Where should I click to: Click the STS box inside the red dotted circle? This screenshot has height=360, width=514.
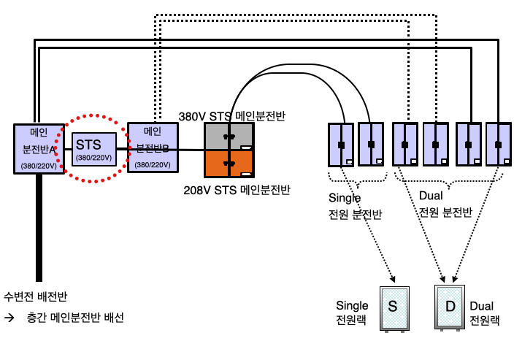pyautogui.click(x=94, y=149)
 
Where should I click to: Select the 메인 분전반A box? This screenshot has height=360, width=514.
pyautogui.click(x=38, y=149)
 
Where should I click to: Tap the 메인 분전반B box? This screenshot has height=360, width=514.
pyautogui.click(x=153, y=148)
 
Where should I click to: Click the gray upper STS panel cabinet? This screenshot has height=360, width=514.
pyautogui.click(x=228, y=137)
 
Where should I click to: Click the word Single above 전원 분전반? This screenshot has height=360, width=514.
pyautogui.click(x=345, y=197)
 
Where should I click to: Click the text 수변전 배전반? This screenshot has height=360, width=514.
pyautogui.click(x=36, y=296)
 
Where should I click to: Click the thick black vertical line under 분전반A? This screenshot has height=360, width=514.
pyautogui.click(x=38, y=226)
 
